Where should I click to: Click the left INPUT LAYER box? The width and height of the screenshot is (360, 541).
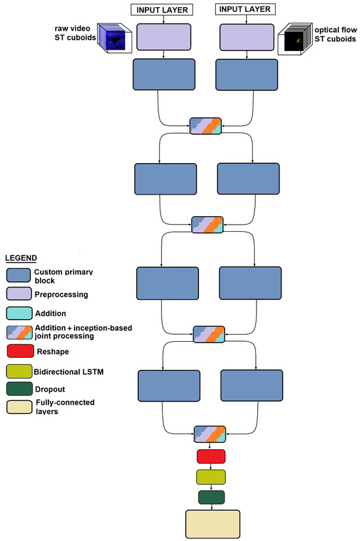coord(163,9)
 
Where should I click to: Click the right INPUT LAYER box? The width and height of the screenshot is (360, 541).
coord(246,9)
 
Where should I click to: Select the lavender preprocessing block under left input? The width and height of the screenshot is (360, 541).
coord(163,37)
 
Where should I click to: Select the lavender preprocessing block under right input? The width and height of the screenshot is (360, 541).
coord(246,37)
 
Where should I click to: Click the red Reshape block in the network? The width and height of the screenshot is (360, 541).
coord(210,456)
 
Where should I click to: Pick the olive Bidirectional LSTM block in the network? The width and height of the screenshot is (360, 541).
coord(210,476)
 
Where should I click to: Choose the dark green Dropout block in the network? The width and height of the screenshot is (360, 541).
coord(210,497)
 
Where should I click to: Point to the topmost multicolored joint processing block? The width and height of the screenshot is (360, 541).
coord(206,126)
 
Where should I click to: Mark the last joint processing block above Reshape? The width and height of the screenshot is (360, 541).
coord(210,434)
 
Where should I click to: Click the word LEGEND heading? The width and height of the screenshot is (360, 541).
coord(21,259)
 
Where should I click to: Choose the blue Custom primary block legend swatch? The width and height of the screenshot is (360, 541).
coord(18,276)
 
